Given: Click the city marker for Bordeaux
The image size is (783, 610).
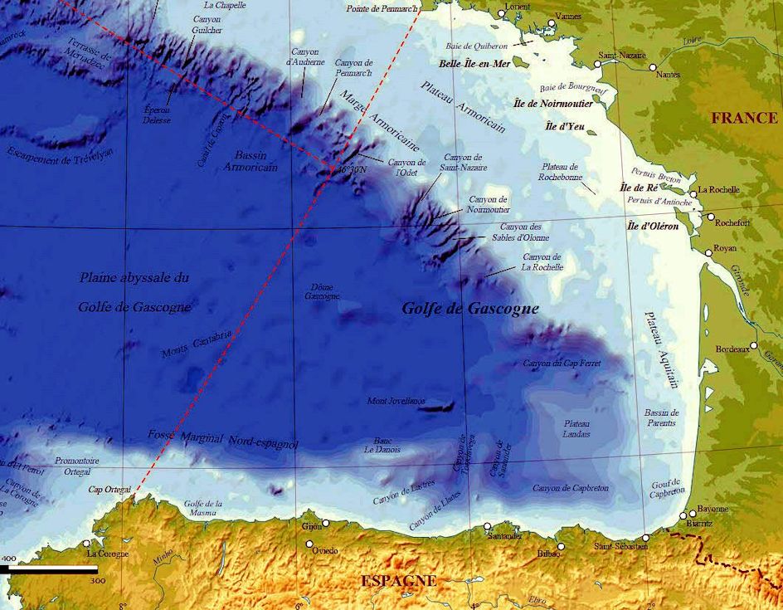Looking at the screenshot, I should coord(754,345).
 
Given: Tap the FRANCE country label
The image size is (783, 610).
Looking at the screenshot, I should coord(744,118).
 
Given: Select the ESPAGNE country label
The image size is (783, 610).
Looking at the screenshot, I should coord(398,581).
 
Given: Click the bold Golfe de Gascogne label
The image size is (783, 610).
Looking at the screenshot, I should coord(470,309).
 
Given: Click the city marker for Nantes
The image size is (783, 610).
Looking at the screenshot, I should coord(654,67).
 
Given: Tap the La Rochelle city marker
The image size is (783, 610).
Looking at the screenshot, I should coord(691,190).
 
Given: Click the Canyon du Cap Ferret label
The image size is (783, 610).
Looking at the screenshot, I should coord(561,364).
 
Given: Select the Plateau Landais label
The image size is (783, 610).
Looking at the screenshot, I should coord(576,428).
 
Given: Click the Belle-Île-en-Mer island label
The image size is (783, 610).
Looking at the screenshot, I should coord(474,63).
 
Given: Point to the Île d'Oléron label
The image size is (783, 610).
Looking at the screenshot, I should coord(653,226).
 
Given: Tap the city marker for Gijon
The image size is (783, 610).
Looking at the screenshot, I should coord(326,523).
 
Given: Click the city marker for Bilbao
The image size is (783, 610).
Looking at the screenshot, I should coord(562,546).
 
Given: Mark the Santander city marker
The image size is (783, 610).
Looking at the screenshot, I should coord(487,526).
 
